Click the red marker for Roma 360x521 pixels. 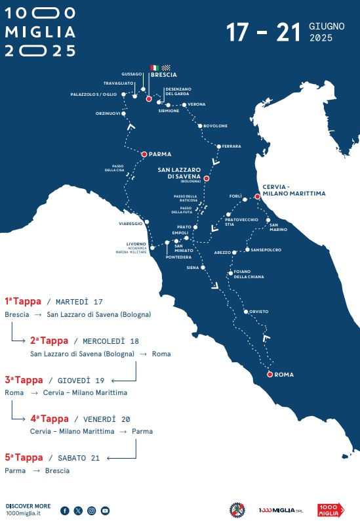[269, 374]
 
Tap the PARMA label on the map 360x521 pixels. [160, 154]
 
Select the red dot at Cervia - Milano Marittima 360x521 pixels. [258, 196]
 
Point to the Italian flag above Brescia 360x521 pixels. [154, 68]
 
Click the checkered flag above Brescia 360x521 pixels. [166, 68]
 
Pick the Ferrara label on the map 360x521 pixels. [231, 146]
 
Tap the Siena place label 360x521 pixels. [192, 268]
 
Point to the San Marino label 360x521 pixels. [278, 227]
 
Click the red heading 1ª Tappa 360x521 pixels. [22, 301]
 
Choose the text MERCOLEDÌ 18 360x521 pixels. [106, 341]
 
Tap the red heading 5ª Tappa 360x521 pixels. [24, 457]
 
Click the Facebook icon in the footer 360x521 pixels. [65, 510]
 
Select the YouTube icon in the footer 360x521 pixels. [105, 510]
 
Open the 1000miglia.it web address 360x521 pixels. [23, 513]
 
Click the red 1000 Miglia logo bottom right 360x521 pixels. [330, 510]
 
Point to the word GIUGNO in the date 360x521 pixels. [326, 26]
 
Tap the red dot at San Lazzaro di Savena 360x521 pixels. [206, 178]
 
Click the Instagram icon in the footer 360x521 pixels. [92, 510]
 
